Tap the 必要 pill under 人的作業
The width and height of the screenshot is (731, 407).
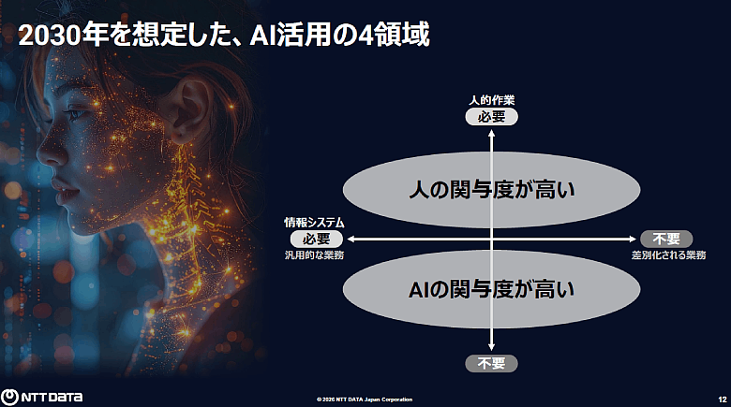[491, 117]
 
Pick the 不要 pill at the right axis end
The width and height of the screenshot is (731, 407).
[665, 239]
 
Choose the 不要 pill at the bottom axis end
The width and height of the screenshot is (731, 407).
[491, 362]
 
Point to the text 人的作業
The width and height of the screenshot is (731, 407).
[491, 100]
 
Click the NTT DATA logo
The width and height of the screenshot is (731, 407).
[42, 396]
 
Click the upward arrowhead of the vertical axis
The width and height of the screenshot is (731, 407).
[491, 133]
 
